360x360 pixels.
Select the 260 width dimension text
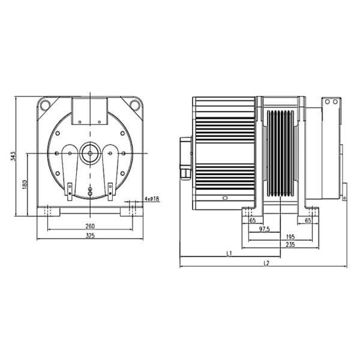(91, 227)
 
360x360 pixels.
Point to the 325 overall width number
(91, 236)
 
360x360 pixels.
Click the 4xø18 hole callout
(152, 199)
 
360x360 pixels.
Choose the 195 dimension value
(290, 237)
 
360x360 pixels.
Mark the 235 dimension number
(290, 245)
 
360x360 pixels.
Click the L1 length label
(229, 254)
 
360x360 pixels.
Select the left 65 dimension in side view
(252, 221)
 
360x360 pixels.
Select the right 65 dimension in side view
(308, 221)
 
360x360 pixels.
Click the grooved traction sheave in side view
(281, 153)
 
